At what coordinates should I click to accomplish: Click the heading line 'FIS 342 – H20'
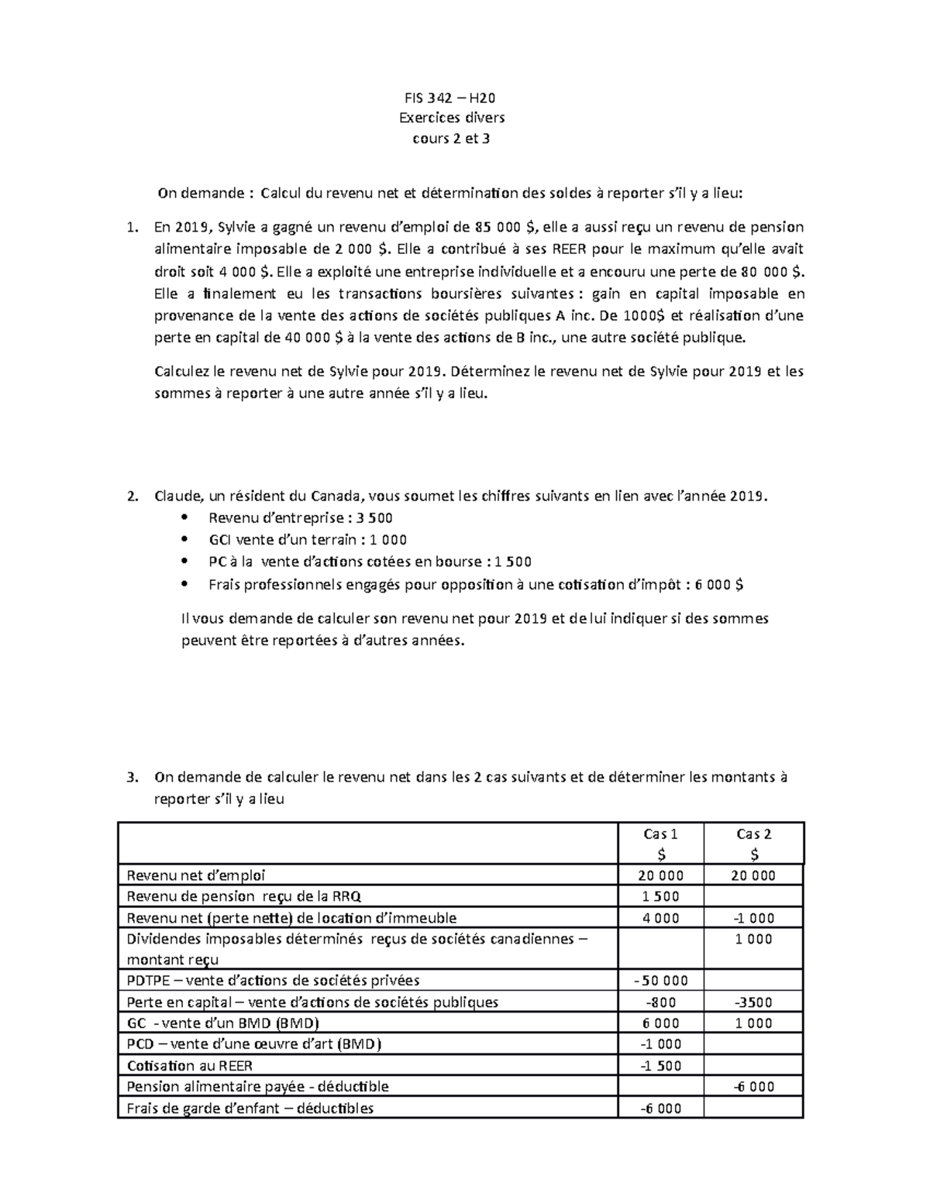click(451, 98)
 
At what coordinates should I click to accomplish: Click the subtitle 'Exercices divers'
click(451, 119)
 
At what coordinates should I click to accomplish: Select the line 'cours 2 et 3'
click(451, 139)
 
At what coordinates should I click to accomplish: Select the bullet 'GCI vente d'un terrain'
click(308, 540)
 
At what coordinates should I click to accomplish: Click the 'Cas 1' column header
click(661, 834)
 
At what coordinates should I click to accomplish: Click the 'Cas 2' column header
click(753, 834)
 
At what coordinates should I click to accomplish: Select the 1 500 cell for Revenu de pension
click(661, 897)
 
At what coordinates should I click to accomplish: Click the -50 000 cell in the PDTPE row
click(661, 981)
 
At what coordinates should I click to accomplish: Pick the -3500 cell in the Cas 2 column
click(753, 1002)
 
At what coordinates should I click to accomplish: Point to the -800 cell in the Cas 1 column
click(661, 1002)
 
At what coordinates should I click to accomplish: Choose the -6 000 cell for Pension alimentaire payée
click(753, 1087)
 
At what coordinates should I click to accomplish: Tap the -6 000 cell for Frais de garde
click(661, 1108)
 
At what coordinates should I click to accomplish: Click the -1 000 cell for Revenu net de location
click(753, 918)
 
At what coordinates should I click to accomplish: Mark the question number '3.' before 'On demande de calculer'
click(132, 778)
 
